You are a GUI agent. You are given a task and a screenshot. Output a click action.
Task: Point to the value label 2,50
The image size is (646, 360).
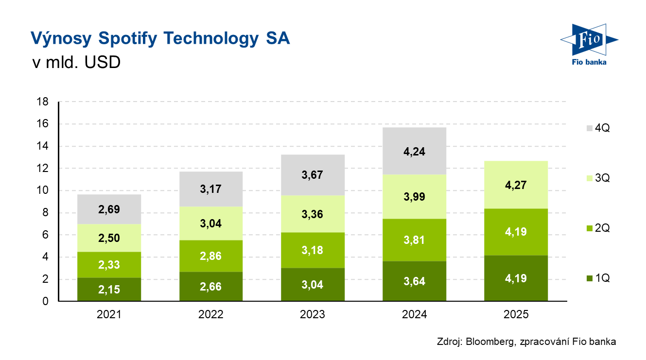(109, 238)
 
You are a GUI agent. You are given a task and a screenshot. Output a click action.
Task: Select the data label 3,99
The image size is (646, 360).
(414, 197)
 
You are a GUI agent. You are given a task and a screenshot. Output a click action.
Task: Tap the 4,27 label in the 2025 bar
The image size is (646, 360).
(516, 185)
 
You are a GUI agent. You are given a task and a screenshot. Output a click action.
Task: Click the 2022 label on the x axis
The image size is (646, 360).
(211, 314)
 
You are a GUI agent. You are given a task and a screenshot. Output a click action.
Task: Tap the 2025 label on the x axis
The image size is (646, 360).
(516, 314)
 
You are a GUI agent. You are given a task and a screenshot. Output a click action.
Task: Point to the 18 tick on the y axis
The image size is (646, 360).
(42, 102)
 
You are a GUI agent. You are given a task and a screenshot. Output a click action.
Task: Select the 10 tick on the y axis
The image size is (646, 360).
(42, 191)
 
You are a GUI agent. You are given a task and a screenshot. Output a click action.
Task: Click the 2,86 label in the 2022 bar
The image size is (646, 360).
(211, 256)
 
